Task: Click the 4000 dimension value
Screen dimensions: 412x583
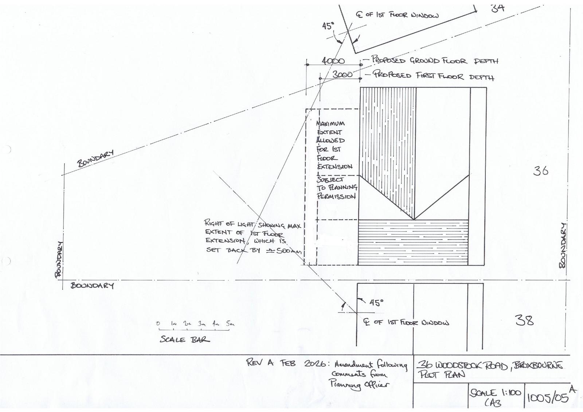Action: tap(333, 61)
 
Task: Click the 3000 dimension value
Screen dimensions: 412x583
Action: tap(343, 74)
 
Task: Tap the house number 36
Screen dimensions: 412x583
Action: tap(540, 170)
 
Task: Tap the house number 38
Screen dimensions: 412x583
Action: tap(525, 320)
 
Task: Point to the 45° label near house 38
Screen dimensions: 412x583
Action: tap(376, 302)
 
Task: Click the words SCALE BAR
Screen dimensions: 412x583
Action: tap(185, 340)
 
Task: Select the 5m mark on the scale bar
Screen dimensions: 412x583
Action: tap(230, 323)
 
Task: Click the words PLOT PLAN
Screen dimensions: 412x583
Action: tap(441, 375)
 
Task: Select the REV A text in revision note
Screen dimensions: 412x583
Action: tap(260, 362)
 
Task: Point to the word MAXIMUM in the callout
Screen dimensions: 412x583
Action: tap(330, 123)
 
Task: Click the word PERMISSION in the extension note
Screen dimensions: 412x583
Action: tap(336, 196)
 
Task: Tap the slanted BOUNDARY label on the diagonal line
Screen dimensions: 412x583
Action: tap(95, 158)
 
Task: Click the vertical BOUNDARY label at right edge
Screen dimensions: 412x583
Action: tap(563, 246)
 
